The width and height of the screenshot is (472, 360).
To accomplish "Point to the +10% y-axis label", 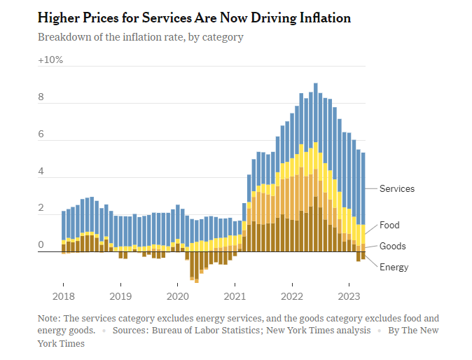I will (x=50, y=60).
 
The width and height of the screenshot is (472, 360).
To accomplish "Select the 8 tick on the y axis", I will (x=41, y=97).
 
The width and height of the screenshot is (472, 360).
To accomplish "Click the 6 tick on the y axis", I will (x=41, y=134).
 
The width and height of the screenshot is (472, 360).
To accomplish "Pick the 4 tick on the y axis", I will (x=41, y=171).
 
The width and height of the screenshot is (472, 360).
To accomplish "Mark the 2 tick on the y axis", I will (x=41, y=208).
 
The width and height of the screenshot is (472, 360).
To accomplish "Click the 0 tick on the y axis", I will (x=41, y=244).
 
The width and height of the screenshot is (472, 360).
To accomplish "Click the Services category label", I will (x=396, y=188).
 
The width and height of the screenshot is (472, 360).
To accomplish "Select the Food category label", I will (x=389, y=226).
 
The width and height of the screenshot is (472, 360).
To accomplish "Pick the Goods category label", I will (x=392, y=247).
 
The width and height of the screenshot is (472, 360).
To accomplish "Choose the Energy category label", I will (x=394, y=267).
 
